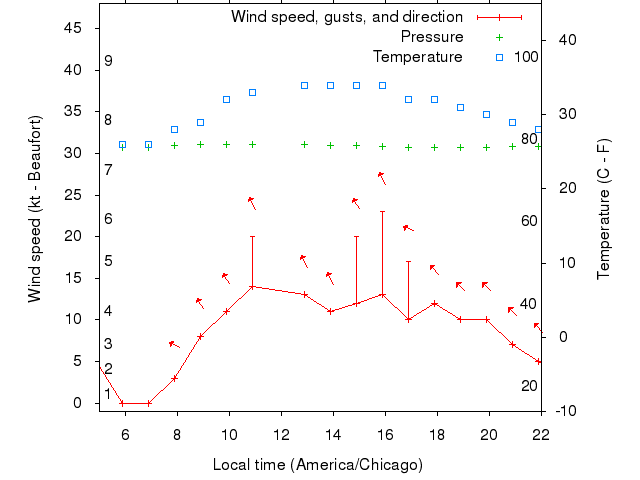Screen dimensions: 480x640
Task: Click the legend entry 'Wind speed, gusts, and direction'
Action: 346,17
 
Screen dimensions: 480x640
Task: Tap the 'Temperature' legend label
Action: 418,57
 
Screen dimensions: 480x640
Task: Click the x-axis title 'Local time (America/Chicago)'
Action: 318,465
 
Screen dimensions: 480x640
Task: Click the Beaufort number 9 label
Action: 108,61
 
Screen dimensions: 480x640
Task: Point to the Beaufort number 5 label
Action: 108,262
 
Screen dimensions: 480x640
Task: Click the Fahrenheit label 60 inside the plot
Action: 529,221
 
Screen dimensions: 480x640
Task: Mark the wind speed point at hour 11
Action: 252,286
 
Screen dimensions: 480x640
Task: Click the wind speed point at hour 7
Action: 148,403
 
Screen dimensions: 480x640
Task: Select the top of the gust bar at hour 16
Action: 382,211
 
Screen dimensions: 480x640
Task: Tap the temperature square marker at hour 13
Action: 304,85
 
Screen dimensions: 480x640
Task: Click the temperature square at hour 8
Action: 174,129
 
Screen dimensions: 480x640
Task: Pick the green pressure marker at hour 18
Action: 434,146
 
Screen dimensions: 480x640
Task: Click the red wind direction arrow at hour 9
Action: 200,302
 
